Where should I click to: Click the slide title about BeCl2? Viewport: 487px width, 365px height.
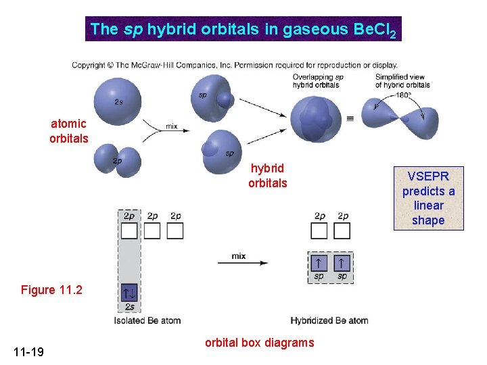click(243, 29)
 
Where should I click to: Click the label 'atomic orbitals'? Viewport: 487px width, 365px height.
click(68, 131)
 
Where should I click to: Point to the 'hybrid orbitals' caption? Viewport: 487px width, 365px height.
click(267, 176)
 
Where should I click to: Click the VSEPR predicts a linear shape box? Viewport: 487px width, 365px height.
click(428, 198)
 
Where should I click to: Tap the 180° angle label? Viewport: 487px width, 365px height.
click(405, 95)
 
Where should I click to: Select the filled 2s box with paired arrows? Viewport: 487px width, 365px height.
click(129, 293)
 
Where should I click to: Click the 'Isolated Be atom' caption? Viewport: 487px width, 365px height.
click(147, 320)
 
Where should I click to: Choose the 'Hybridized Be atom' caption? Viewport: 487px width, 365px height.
click(329, 320)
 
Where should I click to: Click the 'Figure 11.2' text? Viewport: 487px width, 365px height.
click(51, 290)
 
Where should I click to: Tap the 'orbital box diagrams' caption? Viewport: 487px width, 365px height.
click(259, 343)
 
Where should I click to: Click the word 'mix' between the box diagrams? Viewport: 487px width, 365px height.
click(238, 256)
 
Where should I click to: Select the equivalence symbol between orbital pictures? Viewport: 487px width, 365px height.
click(350, 118)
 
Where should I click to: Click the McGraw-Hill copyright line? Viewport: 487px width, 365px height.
click(234, 66)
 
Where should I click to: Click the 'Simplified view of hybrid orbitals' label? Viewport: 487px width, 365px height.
click(402, 81)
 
